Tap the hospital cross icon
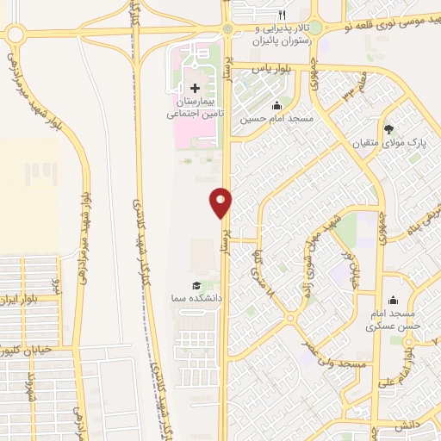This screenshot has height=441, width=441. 195,88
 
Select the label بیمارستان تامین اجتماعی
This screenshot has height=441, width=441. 195,106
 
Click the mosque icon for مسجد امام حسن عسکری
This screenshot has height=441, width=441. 394,300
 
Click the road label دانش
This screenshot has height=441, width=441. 404,426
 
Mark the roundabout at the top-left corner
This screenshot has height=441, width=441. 16,34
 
